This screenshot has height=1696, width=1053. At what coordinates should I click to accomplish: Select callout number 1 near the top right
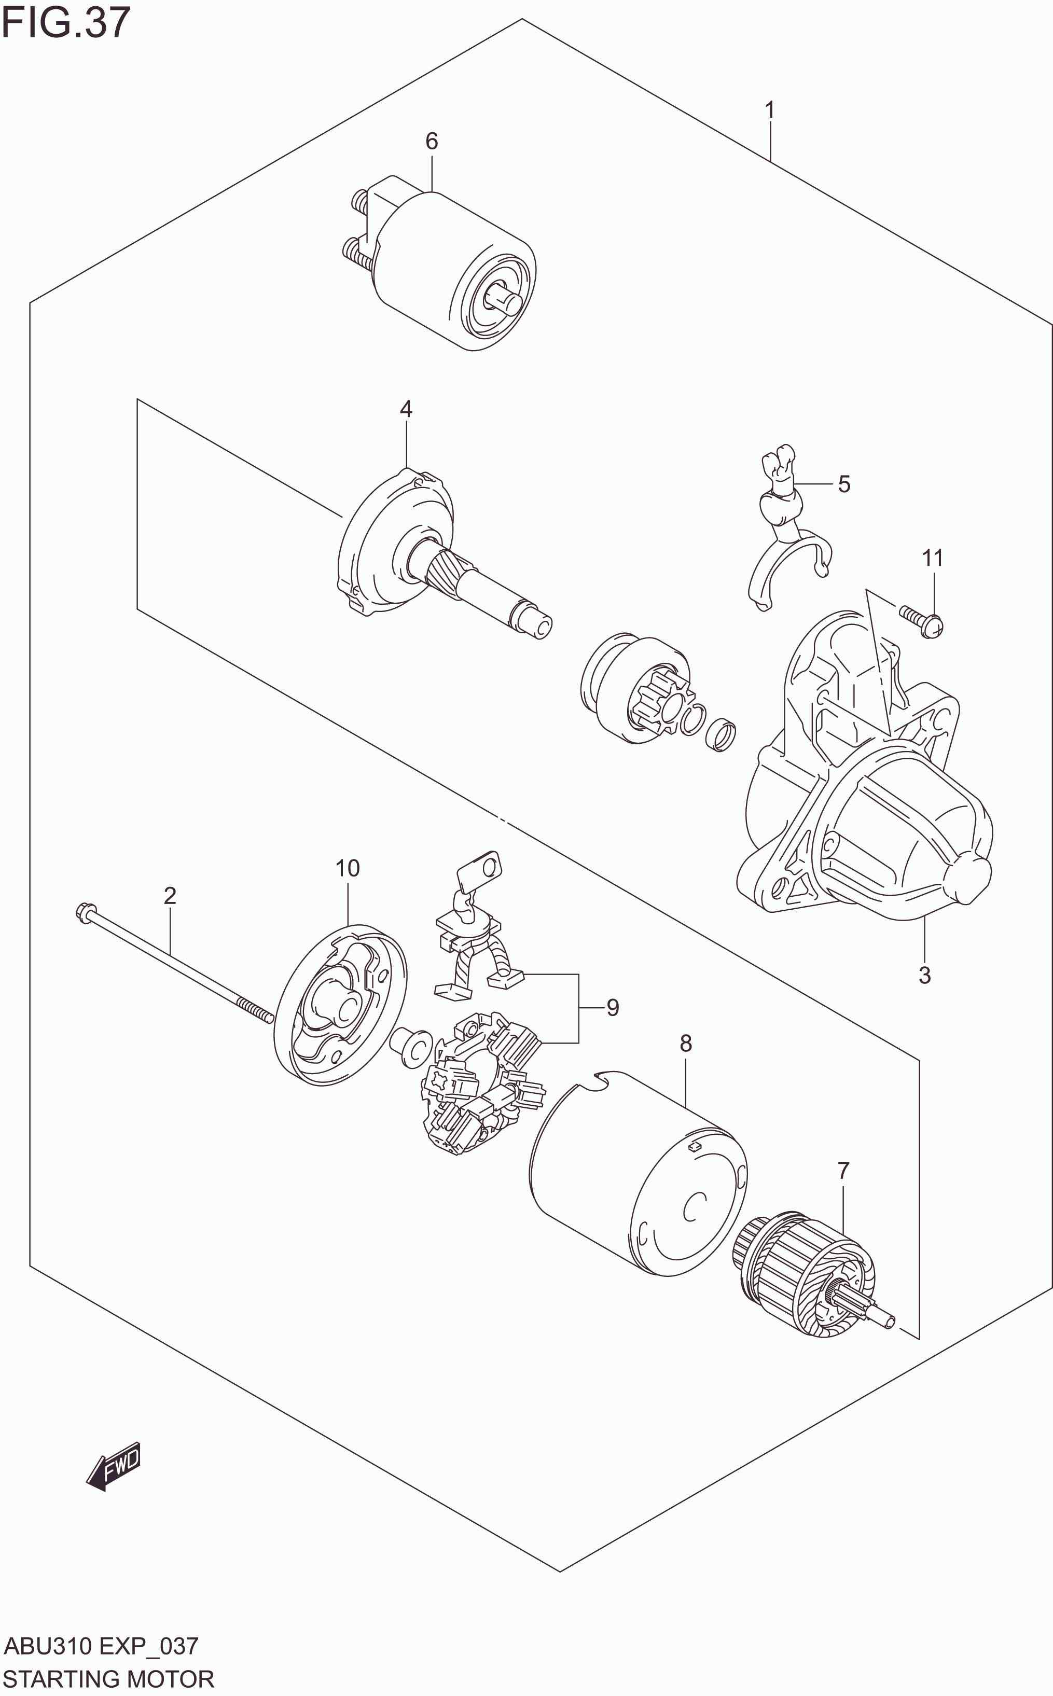pos(770,110)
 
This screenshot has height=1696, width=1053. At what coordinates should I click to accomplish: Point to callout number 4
pos(406,409)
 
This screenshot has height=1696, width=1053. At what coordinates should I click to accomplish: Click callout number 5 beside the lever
pos(844,484)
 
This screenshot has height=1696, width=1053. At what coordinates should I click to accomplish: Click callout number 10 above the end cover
pos(348,868)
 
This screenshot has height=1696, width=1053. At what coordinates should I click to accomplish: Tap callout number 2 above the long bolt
pos(170,895)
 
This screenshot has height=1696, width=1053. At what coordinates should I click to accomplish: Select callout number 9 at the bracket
pos(612,1007)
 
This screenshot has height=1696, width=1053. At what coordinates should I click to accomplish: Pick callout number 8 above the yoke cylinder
pos(686,1043)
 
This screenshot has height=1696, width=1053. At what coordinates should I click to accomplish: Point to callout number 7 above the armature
pos(843,1171)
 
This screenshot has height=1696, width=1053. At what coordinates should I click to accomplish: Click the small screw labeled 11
pos(921,621)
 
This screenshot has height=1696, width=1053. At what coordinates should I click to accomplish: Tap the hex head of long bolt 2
pos(83,911)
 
